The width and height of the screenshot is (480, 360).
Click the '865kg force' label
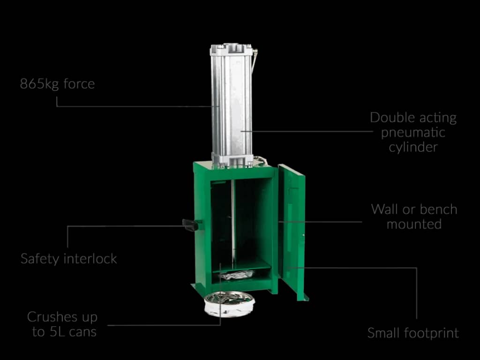coord(57,84)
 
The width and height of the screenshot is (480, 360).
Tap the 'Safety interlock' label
coord(69,259)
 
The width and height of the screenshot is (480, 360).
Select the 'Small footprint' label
coord(413,333)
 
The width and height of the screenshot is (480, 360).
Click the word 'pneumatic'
coord(413,133)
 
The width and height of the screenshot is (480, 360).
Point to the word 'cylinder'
coord(413,147)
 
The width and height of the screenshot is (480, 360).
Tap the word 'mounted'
coord(414,224)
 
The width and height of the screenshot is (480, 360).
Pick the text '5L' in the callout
coord(58,331)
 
